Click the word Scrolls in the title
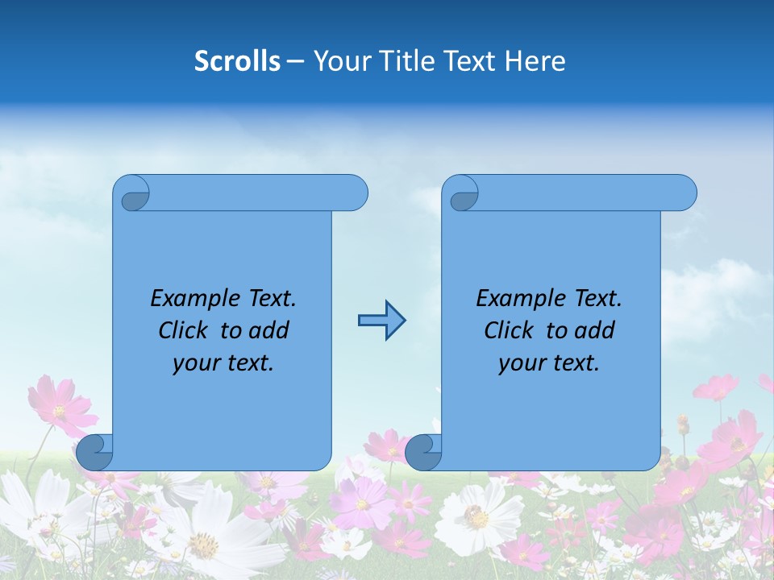point(237,61)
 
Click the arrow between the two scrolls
point(381,321)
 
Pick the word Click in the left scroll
point(185,330)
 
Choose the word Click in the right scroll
point(510,330)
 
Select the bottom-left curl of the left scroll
point(95,452)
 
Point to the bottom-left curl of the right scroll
point(424,452)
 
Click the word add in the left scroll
point(268,330)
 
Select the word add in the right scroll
point(594,330)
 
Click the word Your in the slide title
point(339,61)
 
